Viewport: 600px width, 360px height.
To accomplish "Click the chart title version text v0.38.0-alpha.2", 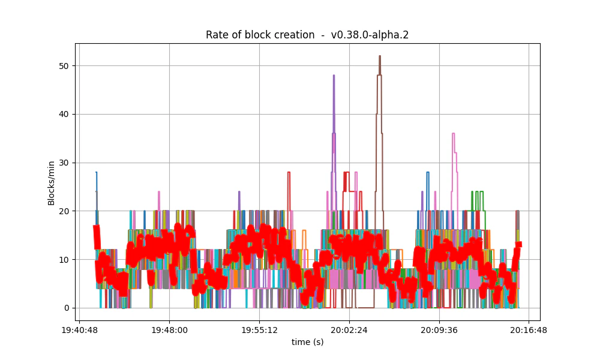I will tap(370, 35).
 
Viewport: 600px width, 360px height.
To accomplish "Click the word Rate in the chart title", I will tap(216, 35).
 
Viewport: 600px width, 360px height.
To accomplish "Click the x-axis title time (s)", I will tap(307, 341).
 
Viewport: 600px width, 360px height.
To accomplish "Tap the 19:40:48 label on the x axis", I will tap(79, 329).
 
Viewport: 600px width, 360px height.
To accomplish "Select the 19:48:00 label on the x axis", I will tap(169, 329).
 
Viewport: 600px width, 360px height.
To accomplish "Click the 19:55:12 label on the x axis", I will tap(259, 329).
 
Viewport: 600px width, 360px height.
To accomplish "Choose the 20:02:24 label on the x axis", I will tap(349, 329).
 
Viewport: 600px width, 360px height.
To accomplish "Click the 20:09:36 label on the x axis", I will tap(439, 329).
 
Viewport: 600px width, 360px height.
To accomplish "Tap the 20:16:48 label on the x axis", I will tap(529, 329).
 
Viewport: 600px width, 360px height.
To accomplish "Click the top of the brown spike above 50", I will tap(379, 56).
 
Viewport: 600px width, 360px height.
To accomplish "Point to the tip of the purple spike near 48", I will tap(334, 76).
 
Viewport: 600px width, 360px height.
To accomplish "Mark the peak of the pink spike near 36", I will tap(454, 134).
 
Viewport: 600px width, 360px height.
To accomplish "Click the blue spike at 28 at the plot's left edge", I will tap(96, 173).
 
